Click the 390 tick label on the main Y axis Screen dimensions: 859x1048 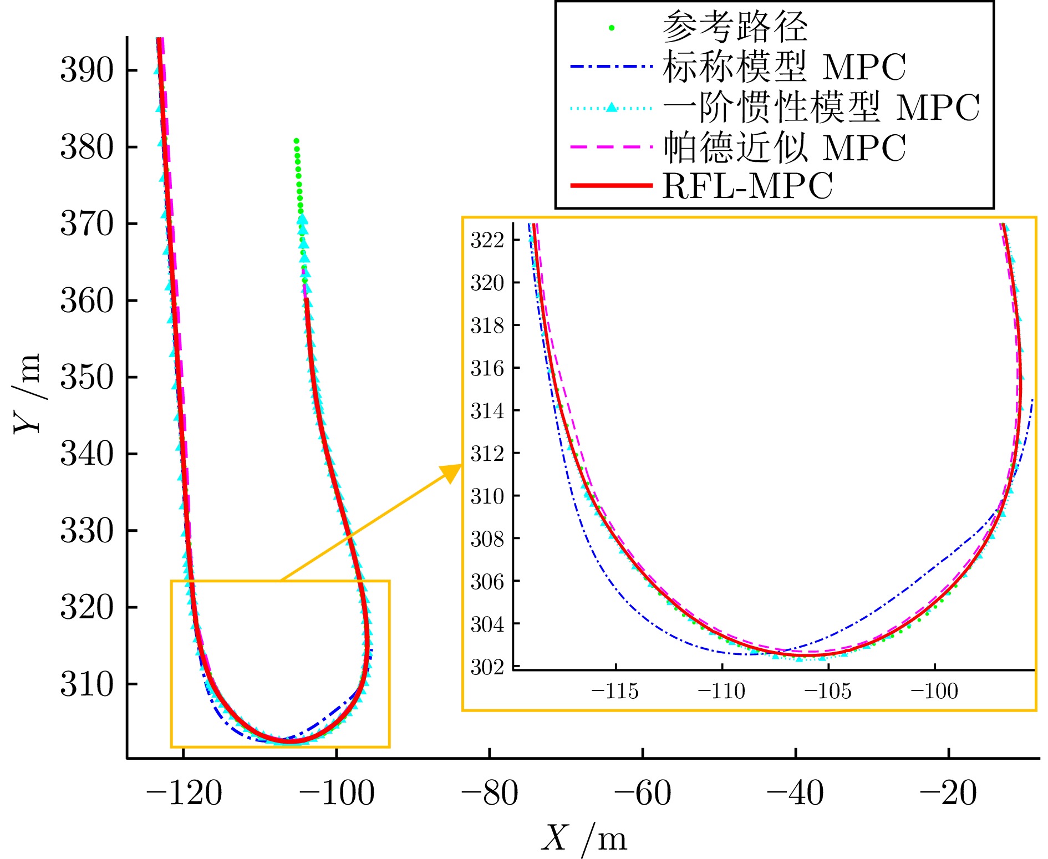(x=87, y=70)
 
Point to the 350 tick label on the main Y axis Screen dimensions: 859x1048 (x=87, y=377)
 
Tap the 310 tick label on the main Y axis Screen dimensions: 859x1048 (x=87, y=684)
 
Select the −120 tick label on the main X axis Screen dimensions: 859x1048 (x=184, y=792)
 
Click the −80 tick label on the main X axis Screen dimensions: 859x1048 (x=489, y=792)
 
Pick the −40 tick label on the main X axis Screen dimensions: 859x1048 (x=795, y=792)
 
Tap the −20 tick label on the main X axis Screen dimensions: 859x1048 (x=948, y=792)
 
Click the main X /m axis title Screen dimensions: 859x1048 (x=584, y=838)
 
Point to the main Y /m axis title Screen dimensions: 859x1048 (x=28, y=393)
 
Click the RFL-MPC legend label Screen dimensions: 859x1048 (x=747, y=186)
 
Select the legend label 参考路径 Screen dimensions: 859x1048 (x=735, y=27)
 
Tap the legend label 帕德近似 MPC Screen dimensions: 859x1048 (x=784, y=148)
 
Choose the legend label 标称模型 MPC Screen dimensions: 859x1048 (x=784, y=67)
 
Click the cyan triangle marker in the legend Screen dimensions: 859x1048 (x=612, y=107)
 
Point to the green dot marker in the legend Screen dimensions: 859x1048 (x=612, y=27)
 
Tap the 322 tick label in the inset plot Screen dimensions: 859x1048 (x=487, y=240)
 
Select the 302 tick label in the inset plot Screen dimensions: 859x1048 (x=487, y=667)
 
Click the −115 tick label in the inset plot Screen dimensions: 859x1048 (x=615, y=692)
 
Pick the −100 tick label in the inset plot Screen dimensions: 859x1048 (x=934, y=692)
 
